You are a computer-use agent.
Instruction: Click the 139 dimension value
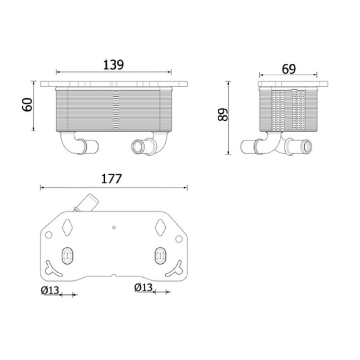pyautogui.click(x=113, y=65)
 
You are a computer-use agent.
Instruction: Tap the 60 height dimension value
pyautogui.click(x=27, y=105)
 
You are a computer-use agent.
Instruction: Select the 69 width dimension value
pyautogui.click(x=289, y=69)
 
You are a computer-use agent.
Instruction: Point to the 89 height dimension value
pyautogui.click(x=223, y=114)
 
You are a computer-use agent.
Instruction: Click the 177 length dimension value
pyautogui.click(x=111, y=179)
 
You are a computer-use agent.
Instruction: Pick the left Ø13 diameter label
pyautogui.click(x=50, y=290)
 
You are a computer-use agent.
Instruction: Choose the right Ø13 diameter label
pyautogui.click(x=143, y=288)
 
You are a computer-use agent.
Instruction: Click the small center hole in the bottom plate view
pyautogui.click(x=114, y=228)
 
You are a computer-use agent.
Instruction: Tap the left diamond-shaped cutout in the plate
pyautogui.click(x=67, y=227)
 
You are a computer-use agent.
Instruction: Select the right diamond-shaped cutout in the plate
pyautogui.click(x=160, y=227)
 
